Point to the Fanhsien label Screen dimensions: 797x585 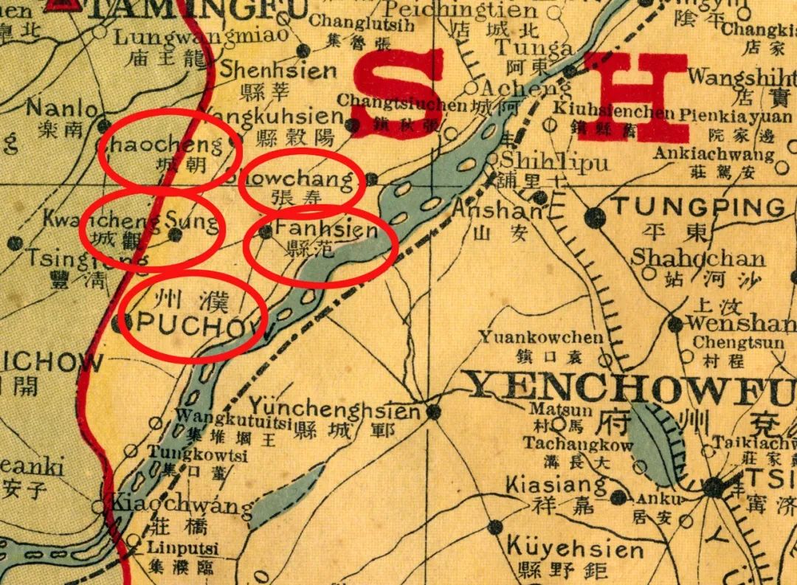click(325, 231)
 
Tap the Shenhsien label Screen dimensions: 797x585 click(278, 72)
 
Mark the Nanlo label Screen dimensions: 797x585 click(61, 109)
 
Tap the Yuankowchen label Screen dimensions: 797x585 click(541, 338)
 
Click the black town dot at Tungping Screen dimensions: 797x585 click(594, 217)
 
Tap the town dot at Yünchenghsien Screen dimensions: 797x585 click(434, 411)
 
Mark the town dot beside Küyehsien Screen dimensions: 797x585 click(495, 527)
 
